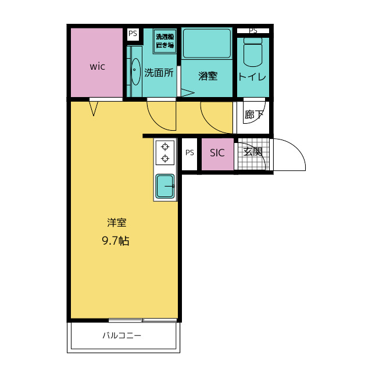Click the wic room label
click(x=97, y=67)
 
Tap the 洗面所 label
click(x=159, y=73)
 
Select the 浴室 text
click(x=208, y=76)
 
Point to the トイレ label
click(x=252, y=77)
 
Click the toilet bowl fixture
click(x=253, y=52)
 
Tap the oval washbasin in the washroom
click(x=135, y=71)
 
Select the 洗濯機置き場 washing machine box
click(x=165, y=41)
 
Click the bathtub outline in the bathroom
click(x=207, y=43)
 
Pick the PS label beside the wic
click(x=133, y=34)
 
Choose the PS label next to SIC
click(x=189, y=152)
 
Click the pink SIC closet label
click(x=217, y=153)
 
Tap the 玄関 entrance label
click(x=253, y=152)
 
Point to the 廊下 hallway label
click(x=254, y=115)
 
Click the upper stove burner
click(x=165, y=147)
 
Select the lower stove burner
click(x=165, y=158)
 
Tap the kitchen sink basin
click(x=165, y=186)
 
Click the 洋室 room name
click(x=116, y=223)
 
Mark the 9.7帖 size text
click(x=116, y=241)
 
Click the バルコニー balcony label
click(x=121, y=335)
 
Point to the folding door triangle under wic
click(x=94, y=109)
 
